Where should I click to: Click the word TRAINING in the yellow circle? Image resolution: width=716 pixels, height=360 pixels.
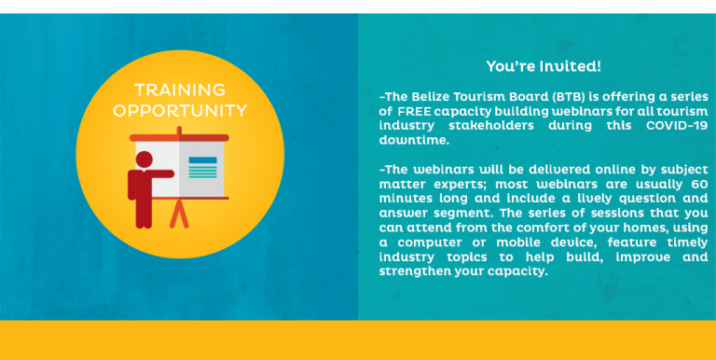[180, 90]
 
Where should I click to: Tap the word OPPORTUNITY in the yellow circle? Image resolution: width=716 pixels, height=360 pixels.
[180, 111]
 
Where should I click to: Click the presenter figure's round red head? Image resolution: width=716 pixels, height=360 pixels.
[144, 159]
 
